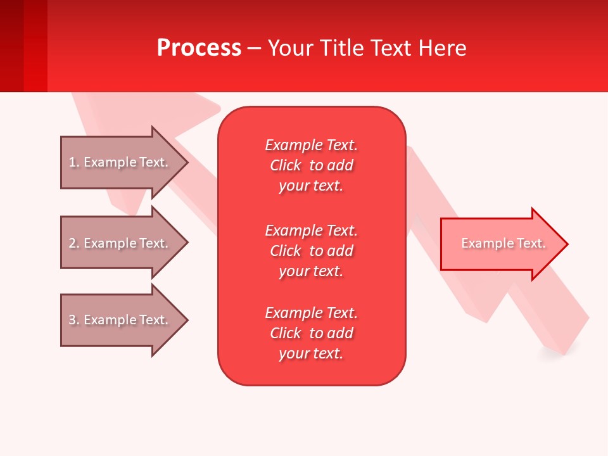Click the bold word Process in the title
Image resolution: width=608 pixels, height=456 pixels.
199,48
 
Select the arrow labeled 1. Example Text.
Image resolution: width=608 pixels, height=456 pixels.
120,163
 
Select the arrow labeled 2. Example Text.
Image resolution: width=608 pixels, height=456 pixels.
120,243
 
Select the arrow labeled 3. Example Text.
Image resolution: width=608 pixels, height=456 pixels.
120,320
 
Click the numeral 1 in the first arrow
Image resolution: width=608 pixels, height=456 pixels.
72,163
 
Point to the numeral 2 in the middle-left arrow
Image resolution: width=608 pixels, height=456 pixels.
72,243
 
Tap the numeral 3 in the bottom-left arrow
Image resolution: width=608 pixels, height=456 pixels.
72,320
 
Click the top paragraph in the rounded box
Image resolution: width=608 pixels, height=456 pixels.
311,165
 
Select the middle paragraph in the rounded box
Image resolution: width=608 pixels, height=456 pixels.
311,251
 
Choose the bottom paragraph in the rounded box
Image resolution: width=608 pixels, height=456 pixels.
311,333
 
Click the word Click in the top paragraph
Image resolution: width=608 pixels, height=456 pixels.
286,165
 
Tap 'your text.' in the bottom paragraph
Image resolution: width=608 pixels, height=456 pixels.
311,353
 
